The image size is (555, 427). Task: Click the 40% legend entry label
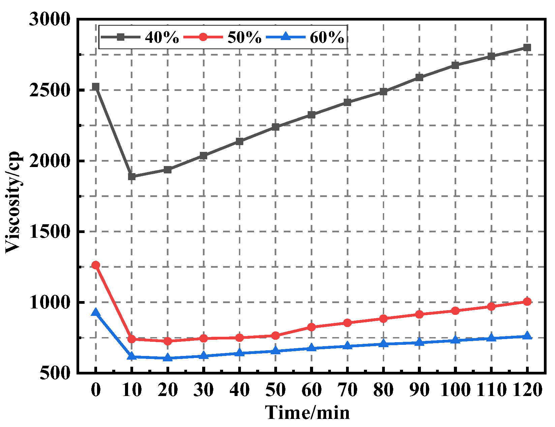[x=162, y=37]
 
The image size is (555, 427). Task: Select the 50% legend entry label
[x=244, y=37]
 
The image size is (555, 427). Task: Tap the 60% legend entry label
[x=327, y=37]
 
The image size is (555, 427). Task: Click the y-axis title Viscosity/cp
[x=13, y=202]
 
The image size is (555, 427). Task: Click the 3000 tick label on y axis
[x=50, y=19]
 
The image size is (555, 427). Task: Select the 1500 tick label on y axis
[x=50, y=231]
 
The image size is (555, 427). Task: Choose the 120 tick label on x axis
[x=527, y=390]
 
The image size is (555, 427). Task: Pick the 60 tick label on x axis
[x=311, y=390]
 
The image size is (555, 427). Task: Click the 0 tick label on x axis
[x=96, y=390]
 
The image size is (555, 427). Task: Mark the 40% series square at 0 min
[x=96, y=87]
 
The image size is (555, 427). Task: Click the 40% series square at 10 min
[x=132, y=176]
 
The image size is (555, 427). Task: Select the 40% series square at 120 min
[x=527, y=47]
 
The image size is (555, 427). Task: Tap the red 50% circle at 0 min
[x=96, y=265]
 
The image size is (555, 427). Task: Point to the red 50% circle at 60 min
[x=311, y=327]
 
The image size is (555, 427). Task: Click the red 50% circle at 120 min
[x=527, y=301]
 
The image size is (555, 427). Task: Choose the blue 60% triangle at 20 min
[x=168, y=358]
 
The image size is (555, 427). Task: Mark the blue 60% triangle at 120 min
[x=527, y=336]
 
